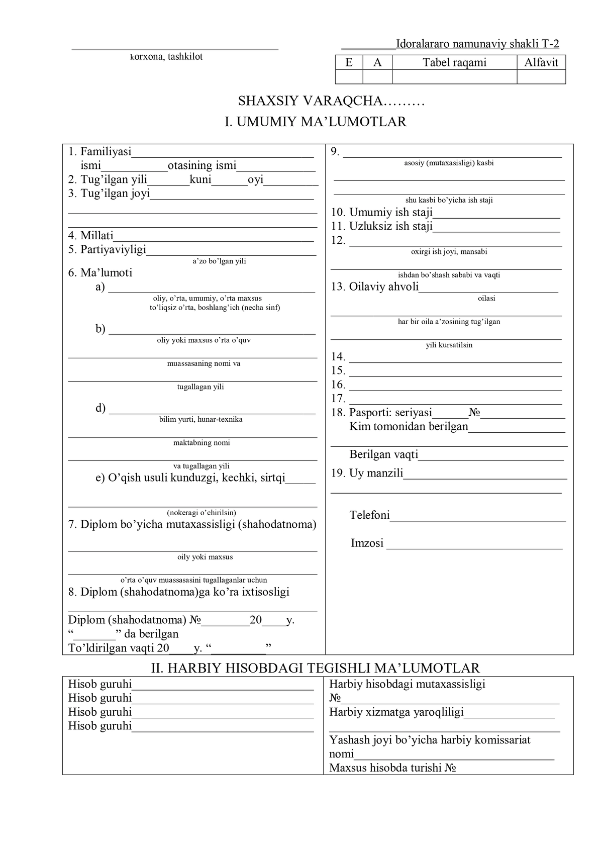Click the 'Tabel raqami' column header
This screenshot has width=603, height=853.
[x=454, y=62]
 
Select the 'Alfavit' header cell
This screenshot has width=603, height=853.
[x=541, y=62]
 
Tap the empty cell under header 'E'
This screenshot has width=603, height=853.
[x=349, y=76]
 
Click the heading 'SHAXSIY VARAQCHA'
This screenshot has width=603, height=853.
[x=311, y=101]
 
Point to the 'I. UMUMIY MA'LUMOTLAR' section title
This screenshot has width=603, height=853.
[x=315, y=122]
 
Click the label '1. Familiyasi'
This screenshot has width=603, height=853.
[x=99, y=151]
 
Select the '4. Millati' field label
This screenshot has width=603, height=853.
[x=91, y=235]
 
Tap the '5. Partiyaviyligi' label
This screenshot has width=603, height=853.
[x=107, y=249]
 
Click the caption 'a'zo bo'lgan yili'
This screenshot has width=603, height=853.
[x=220, y=261]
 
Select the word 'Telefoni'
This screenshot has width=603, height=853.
[x=369, y=515]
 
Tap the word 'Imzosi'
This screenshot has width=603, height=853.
[x=367, y=543]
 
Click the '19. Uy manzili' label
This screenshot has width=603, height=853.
[x=367, y=473]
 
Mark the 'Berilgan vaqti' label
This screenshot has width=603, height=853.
[x=384, y=454]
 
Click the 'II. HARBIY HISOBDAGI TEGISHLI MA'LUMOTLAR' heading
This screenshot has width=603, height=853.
[x=316, y=668]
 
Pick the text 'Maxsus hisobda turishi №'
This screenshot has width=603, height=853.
[x=392, y=768]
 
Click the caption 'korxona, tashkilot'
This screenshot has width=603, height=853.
[x=166, y=57]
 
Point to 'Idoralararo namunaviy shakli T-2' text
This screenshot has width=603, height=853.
[x=477, y=44]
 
